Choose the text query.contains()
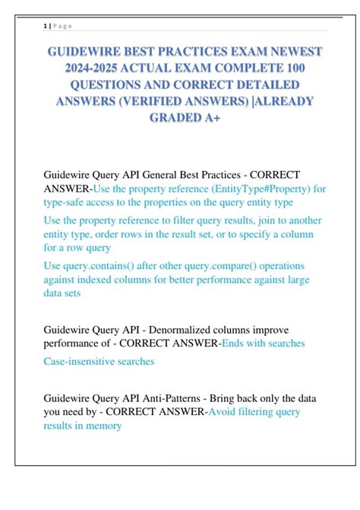point(105,266)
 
